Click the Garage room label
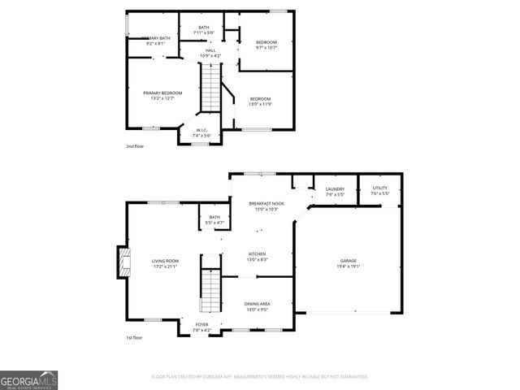point(348,261)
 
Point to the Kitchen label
point(257,254)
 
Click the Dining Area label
point(258,303)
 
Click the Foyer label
point(201,325)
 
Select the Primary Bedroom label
point(162,93)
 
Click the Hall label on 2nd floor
point(210,50)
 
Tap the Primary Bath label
point(158,38)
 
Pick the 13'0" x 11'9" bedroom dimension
point(260,104)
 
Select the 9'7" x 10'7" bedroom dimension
point(266,47)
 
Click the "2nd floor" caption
point(134,146)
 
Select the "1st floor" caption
point(134,337)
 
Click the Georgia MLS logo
point(28,379)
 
